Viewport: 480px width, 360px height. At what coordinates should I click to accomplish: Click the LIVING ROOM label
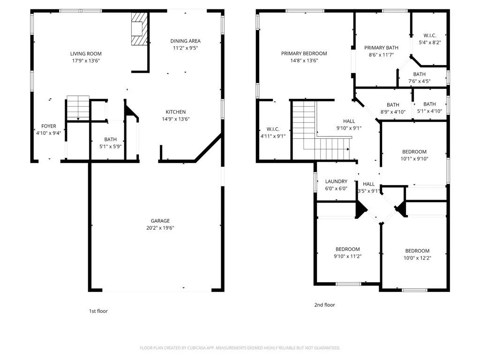click(86, 53)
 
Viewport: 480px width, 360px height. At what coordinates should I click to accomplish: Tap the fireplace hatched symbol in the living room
click(139, 29)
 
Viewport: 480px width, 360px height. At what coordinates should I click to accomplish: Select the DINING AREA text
click(186, 41)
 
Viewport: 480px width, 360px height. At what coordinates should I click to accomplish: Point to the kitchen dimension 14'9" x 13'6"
click(176, 119)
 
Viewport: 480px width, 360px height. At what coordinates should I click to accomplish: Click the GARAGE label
click(160, 221)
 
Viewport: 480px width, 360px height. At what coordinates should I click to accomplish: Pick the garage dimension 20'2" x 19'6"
click(160, 228)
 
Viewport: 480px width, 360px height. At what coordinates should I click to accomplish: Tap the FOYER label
click(49, 126)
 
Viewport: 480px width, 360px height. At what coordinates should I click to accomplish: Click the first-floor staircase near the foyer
click(78, 108)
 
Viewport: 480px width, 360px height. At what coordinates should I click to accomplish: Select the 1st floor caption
click(98, 311)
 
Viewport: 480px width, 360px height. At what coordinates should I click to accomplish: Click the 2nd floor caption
click(324, 305)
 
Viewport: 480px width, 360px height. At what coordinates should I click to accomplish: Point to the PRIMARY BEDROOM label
click(304, 53)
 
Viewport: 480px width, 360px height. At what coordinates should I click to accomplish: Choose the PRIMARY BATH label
click(381, 48)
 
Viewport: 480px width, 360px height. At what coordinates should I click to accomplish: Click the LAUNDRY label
click(336, 181)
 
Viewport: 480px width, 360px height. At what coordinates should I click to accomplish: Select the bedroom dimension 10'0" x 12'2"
click(417, 258)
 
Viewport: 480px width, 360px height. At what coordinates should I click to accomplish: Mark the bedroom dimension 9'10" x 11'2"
click(347, 256)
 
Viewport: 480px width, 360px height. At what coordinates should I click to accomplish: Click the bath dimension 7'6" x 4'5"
click(420, 82)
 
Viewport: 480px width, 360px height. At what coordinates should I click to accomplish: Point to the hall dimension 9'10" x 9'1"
click(349, 128)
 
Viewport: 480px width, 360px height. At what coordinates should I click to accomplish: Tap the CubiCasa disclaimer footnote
click(240, 348)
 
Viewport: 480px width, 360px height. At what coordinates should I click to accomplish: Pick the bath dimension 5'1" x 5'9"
click(110, 147)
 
